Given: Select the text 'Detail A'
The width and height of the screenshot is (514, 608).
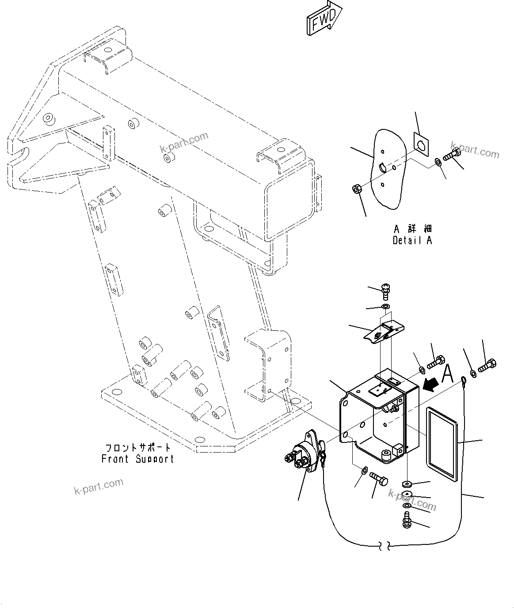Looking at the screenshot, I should point(412,241).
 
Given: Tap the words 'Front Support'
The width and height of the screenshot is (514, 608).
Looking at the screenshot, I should point(137,459).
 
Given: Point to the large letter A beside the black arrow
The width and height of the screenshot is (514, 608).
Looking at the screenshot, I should point(447,374).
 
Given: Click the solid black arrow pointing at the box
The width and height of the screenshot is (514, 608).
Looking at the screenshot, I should point(430,385).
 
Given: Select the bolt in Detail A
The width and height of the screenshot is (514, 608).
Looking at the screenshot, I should point(451,155).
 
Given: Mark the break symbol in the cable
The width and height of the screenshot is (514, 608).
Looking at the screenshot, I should point(384,546).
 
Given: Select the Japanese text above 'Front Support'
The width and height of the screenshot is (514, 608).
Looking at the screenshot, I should point(137,448).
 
